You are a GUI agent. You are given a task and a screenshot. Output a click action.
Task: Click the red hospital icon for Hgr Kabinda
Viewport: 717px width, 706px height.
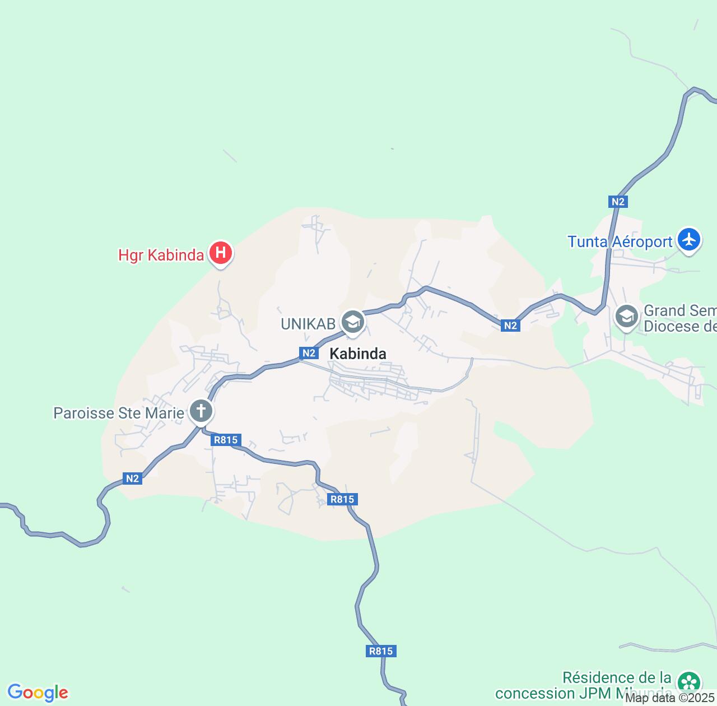pyautogui.click(x=221, y=253)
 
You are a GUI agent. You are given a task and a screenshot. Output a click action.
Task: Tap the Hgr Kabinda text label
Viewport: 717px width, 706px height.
pyautogui.click(x=161, y=256)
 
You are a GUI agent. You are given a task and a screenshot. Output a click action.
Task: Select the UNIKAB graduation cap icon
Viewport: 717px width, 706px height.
pyautogui.click(x=353, y=322)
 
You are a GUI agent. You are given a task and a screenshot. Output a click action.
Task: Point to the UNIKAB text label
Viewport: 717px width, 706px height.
pyautogui.click(x=308, y=323)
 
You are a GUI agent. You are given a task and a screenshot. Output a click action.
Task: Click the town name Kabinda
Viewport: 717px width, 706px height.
pyautogui.click(x=358, y=354)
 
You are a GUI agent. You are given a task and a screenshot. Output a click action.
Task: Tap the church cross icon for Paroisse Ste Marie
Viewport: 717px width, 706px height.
pyautogui.click(x=201, y=411)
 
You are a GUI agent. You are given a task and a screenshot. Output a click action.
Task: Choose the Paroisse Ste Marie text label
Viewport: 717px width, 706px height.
pyautogui.click(x=119, y=414)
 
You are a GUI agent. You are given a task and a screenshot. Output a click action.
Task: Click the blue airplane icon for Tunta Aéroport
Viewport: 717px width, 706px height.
pyautogui.click(x=688, y=239)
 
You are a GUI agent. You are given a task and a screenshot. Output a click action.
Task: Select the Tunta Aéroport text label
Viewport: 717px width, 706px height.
pyautogui.click(x=620, y=241)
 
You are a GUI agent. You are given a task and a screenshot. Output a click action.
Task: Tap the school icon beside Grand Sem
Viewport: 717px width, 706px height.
pyautogui.click(x=627, y=317)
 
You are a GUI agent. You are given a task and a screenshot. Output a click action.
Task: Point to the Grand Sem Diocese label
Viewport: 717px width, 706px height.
pyautogui.click(x=679, y=318)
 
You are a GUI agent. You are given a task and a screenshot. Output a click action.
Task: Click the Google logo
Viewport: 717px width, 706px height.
pyautogui.click(x=38, y=693)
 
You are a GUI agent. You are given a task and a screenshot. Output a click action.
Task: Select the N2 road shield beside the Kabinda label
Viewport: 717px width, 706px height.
pyautogui.click(x=309, y=353)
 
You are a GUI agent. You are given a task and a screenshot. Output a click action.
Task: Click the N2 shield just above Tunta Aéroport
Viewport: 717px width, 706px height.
pyautogui.click(x=618, y=202)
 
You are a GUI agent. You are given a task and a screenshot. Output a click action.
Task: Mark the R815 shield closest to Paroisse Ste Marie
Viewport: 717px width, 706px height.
pyautogui.click(x=226, y=440)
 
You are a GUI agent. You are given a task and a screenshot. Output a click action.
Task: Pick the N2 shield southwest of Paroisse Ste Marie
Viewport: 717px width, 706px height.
pyautogui.click(x=132, y=479)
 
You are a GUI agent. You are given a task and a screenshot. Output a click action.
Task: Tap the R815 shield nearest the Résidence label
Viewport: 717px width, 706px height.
pyautogui.click(x=381, y=651)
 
